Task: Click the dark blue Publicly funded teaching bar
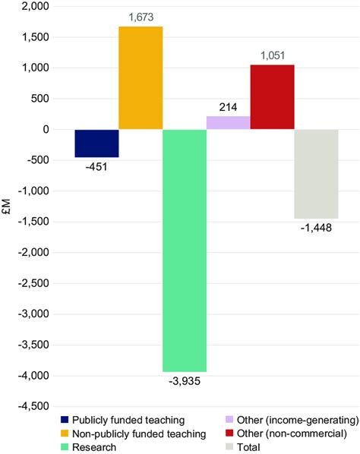96,143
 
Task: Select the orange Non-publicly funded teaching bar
141,78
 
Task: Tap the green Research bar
185,250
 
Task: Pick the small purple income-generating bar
228,123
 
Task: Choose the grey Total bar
316,174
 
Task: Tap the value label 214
229,108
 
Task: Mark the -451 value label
97,166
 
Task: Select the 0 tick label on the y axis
46,130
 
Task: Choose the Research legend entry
95,447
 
